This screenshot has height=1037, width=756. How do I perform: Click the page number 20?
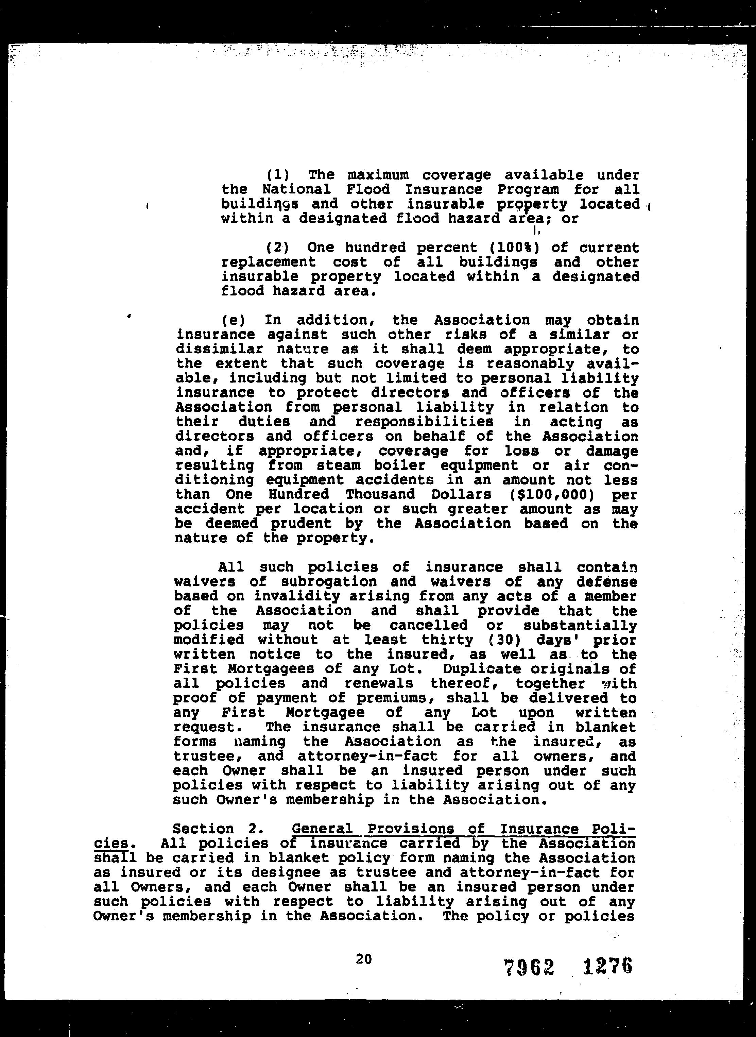click(x=364, y=959)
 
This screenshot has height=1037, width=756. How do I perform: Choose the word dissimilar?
click(x=220, y=349)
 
